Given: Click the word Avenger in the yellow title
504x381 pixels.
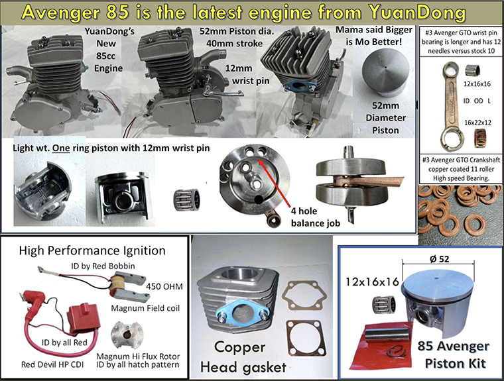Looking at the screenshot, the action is tap(60, 12).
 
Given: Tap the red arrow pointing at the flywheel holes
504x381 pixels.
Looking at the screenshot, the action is tap(275, 182).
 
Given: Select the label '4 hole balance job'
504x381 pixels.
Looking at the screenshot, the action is tap(315, 217).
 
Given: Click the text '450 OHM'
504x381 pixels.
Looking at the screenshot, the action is tap(164, 286).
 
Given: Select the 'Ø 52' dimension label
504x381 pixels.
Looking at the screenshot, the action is tap(439, 259).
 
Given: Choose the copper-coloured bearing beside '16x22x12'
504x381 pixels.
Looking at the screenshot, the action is tap(479, 138).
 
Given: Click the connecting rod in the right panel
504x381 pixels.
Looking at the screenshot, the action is tap(451, 106).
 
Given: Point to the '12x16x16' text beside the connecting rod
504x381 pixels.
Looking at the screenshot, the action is tap(477, 84).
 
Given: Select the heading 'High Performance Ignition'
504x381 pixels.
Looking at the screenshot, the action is tap(92, 250).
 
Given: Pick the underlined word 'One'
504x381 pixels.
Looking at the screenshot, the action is tap(61, 148).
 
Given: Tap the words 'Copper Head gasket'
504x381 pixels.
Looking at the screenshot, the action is tap(243, 356).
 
